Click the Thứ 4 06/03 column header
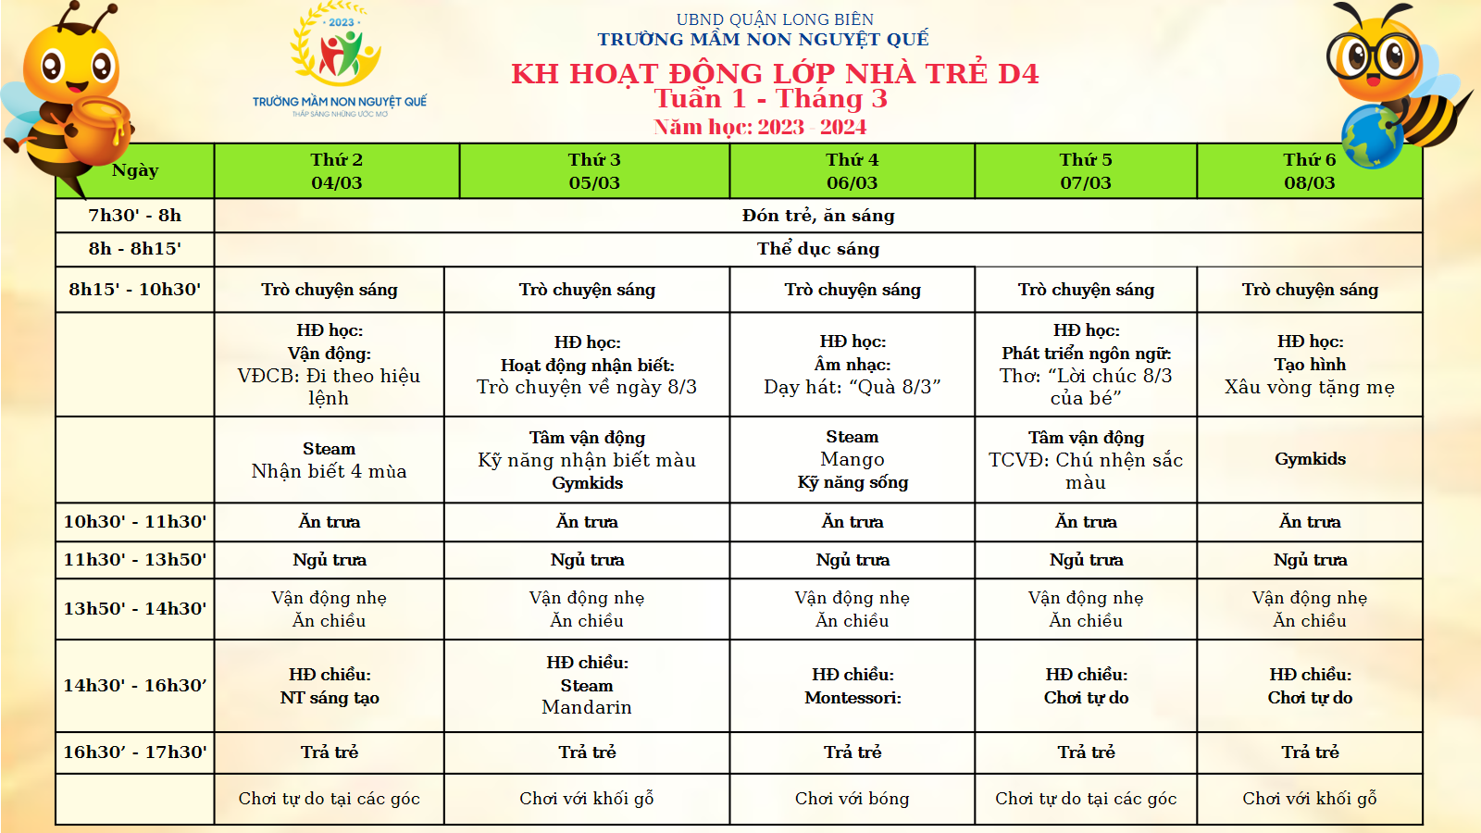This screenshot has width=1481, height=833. point(852,171)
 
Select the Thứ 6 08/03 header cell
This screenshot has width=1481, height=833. point(1309,171)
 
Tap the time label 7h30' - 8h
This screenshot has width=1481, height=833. point(135,216)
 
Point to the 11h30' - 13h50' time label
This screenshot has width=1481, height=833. point(135,560)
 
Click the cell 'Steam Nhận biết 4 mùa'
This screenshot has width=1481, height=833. point(330,460)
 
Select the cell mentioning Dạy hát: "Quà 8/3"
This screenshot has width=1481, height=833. point(852,387)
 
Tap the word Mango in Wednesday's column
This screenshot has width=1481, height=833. point(852,459)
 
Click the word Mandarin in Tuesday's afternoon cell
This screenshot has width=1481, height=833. point(587,707)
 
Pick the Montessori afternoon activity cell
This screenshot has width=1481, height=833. point(852,687)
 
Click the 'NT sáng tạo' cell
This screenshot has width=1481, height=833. point(330,698)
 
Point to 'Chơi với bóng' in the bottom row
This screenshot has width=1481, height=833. point(852,799)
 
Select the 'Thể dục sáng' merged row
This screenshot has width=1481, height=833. point(818,249)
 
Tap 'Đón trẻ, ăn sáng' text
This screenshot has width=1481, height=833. point(818,216)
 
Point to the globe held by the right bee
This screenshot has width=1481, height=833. point(1372,135)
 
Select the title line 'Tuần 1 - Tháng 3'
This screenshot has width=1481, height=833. point(770,99)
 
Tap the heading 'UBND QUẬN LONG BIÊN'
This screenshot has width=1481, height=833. point(775,19)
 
